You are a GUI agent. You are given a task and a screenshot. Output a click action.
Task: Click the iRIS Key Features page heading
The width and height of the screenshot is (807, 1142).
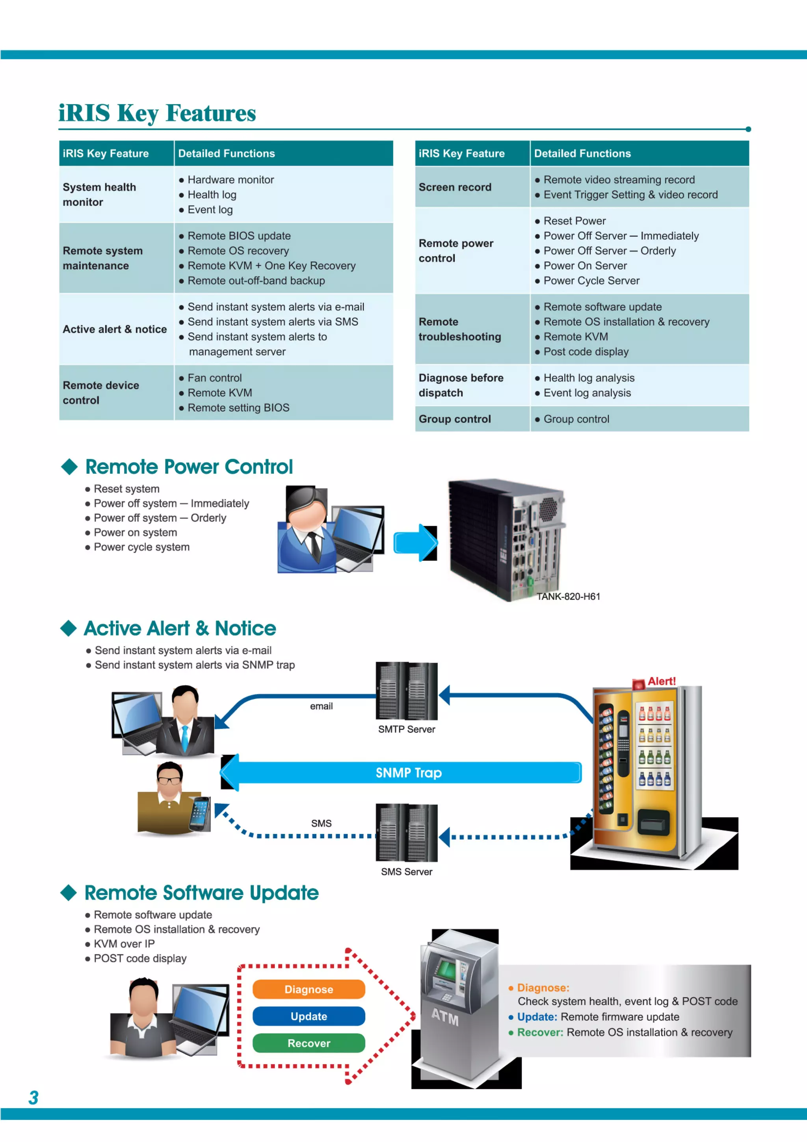pos(157,113)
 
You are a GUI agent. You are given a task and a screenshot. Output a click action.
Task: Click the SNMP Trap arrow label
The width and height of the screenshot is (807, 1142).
pos(408,772)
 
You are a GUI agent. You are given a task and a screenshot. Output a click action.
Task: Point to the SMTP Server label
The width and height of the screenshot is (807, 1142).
pos(406,729)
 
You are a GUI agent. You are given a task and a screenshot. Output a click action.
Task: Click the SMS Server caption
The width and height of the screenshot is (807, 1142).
pos(406,871)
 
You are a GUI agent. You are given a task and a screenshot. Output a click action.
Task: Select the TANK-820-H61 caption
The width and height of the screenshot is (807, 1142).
pos(568,596)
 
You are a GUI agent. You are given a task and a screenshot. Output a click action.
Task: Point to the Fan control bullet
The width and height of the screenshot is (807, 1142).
pos(214,378)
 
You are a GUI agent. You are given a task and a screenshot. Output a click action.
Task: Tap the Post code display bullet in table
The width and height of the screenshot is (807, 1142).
pos(585,352)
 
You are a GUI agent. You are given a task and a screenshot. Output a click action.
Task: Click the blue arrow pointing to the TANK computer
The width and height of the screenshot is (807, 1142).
pos(416,543)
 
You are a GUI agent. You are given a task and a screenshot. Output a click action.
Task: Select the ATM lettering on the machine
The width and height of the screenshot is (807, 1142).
pos(444,1017)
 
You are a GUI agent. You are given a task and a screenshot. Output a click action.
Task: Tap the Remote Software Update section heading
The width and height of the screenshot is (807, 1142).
pos(201,893)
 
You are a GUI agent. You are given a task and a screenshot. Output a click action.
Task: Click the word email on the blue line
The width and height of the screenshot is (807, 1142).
pos(321,706)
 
